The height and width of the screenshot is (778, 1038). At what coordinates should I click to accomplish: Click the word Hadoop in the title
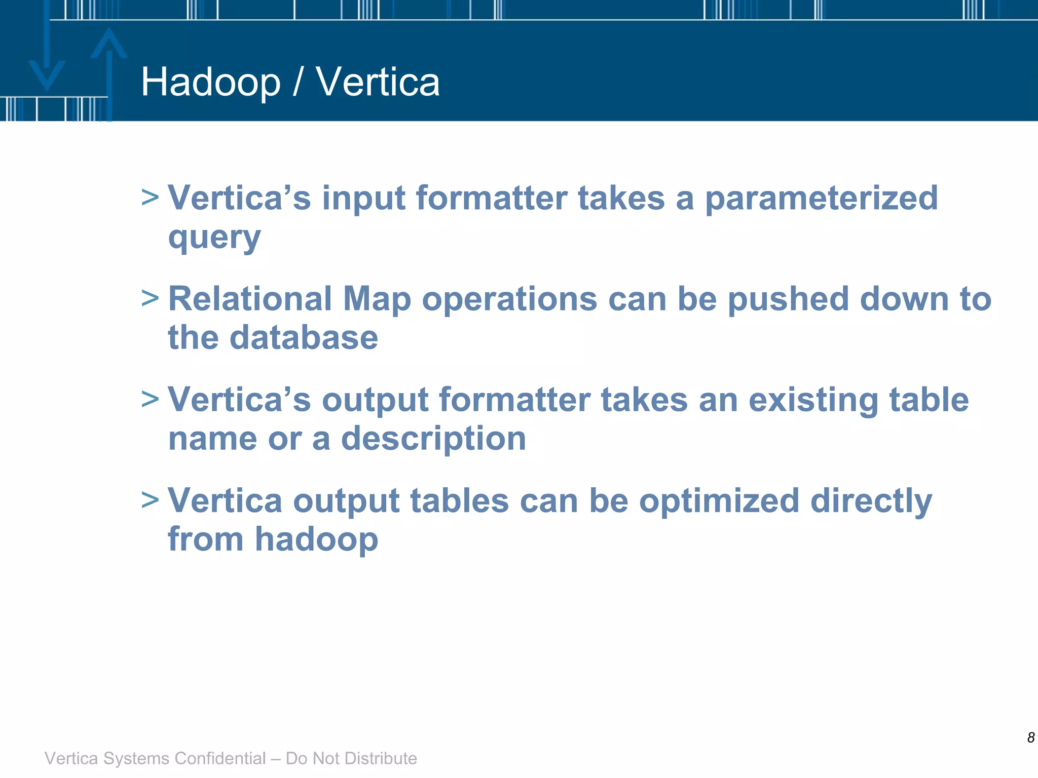[x=210, y=82]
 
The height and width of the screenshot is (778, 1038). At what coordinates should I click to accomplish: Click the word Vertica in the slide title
[x=378, y=82]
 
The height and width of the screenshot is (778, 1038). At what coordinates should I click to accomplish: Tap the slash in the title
[x=298, y=82]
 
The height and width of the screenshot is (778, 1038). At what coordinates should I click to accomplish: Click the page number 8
[x=1030, y=737]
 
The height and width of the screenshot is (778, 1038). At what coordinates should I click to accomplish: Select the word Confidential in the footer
[x=219, y=758]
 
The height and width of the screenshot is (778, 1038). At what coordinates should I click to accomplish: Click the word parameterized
[x=821, y=199]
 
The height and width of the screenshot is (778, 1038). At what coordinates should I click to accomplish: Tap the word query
[x=214, y=238]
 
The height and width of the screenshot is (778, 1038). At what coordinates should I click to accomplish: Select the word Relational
[x=250, y=299]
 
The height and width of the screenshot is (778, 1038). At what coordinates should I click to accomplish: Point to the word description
[x=433, y=439]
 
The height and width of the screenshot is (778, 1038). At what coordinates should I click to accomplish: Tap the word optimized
[x=719, y=501]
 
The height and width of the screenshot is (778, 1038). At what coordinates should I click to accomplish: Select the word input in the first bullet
[x=363, y=199]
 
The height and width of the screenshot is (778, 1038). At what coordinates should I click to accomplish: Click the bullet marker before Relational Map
[x=150, y=298]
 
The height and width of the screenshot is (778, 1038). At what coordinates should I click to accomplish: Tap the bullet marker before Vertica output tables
[x=150, y=500]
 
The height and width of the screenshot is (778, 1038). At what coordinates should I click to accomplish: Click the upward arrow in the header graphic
[x=108, y=66]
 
